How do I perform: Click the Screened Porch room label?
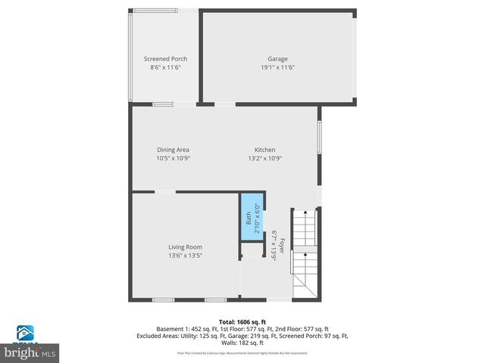point(165,59)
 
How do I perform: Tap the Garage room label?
point(277,59)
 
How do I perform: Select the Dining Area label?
point(173,150)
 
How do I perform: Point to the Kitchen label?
point(264,150)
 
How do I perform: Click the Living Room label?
point(185,247)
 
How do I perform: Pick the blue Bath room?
point(251,219)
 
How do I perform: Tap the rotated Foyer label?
point(282,246)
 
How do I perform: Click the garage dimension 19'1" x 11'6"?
point(277,67)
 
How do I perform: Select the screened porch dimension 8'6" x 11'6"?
point(165,67)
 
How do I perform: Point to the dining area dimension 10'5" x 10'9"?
point(173,158)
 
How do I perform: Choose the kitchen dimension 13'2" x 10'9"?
point(264,158)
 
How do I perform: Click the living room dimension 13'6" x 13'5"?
point(185,255)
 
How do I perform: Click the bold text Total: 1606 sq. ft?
point(242,321)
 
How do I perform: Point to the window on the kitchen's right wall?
point(319,141)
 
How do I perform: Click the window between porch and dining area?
point(163,104)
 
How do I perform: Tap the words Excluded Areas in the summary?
point(158,336)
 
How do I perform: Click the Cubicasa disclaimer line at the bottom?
point(242,352)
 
